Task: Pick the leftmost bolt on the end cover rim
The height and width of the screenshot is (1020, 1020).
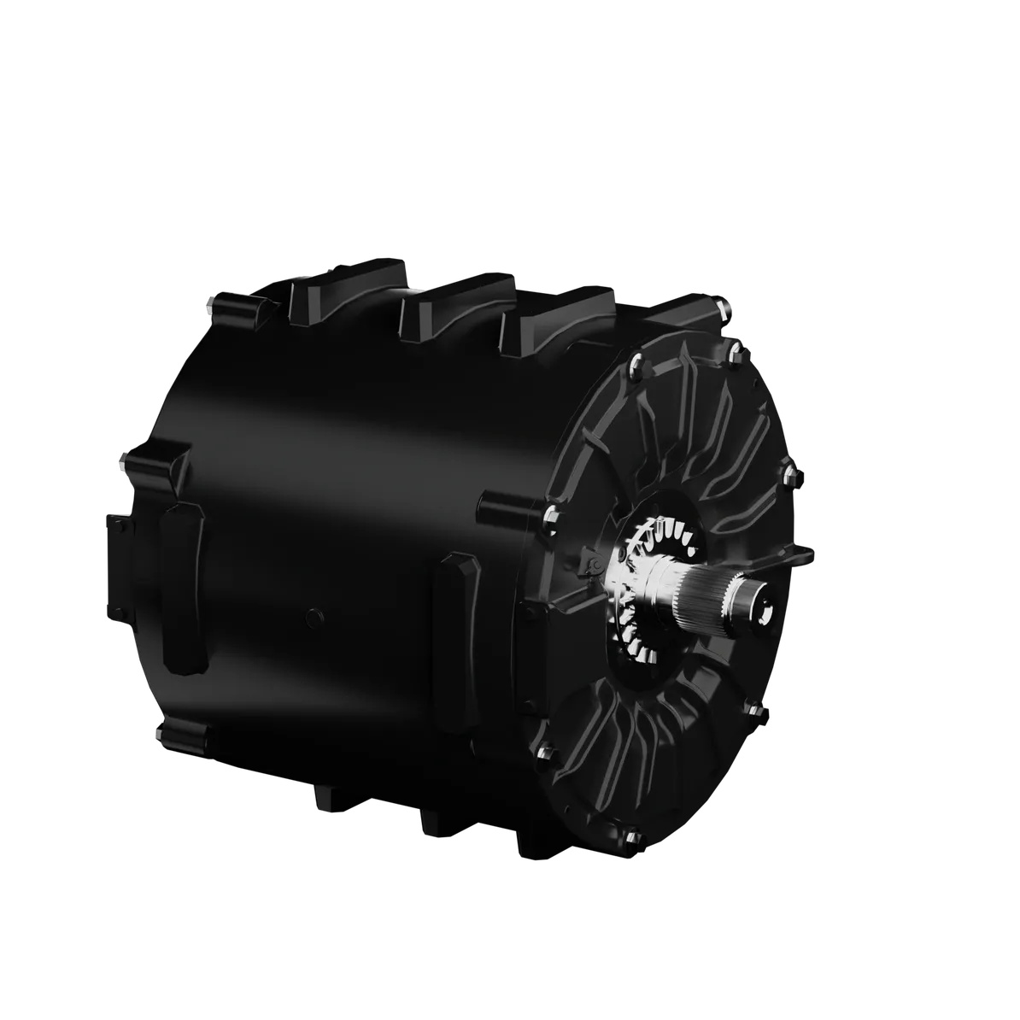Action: click(550, 514)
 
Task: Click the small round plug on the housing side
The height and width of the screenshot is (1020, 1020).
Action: click(314, 614)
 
